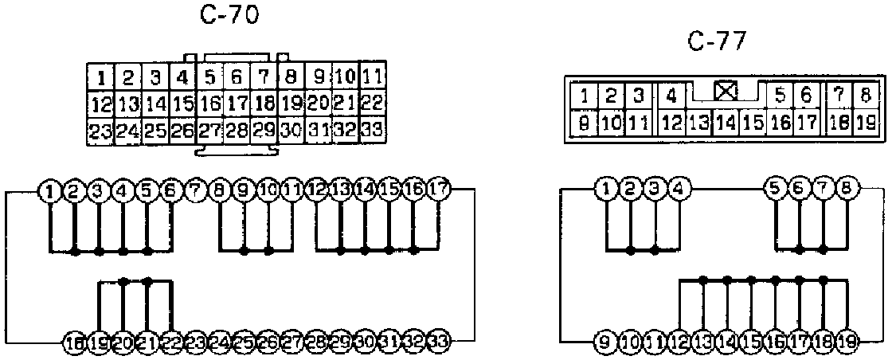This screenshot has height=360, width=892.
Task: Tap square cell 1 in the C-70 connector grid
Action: tap(101, 78)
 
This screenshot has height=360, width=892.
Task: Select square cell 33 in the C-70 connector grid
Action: tap(372, 130)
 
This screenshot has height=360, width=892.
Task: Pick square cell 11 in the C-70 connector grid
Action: tap(372, 78)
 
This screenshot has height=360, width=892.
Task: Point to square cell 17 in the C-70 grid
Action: tap(237, 104)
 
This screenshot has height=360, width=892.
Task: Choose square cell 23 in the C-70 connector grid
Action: tap(100, 130)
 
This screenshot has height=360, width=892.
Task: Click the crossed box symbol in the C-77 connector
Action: tap(725, 91)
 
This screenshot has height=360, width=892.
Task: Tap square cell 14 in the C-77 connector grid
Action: tap(726, 123)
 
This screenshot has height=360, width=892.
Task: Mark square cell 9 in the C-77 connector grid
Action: tap(585, 123)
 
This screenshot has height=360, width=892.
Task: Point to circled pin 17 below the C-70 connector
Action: tap(439, 190)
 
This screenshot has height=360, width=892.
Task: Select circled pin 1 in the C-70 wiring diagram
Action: tap(51, 190)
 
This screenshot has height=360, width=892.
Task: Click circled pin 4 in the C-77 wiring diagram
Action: tap(678, 190)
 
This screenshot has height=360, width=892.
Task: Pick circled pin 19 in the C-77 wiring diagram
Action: tap(847, 343)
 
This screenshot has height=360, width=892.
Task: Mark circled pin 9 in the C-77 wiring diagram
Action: tap(606, 343)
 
